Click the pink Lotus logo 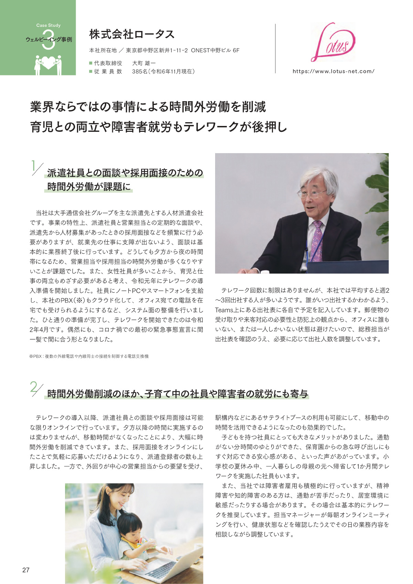pyautogui.click(x=332, y=42)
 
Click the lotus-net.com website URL pyautogui.click(x=333, y=71)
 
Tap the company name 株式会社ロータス pyautogui.click(x=132, y=34)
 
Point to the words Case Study pyautogui.click(x=48, y=25)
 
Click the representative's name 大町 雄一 pyautogui.click(x=144, y=63)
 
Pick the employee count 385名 pyautogui.click(x=139, y=71)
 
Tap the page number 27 pyautogui.click(x=26, y=570)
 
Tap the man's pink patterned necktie pyautogui.click(x=317, y=241)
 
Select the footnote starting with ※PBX pyautogui.click(x=89, y=356)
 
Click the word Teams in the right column pyautogui.click(x=224, y=310)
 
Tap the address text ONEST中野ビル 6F pyautogui.click(x=215, y=51)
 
